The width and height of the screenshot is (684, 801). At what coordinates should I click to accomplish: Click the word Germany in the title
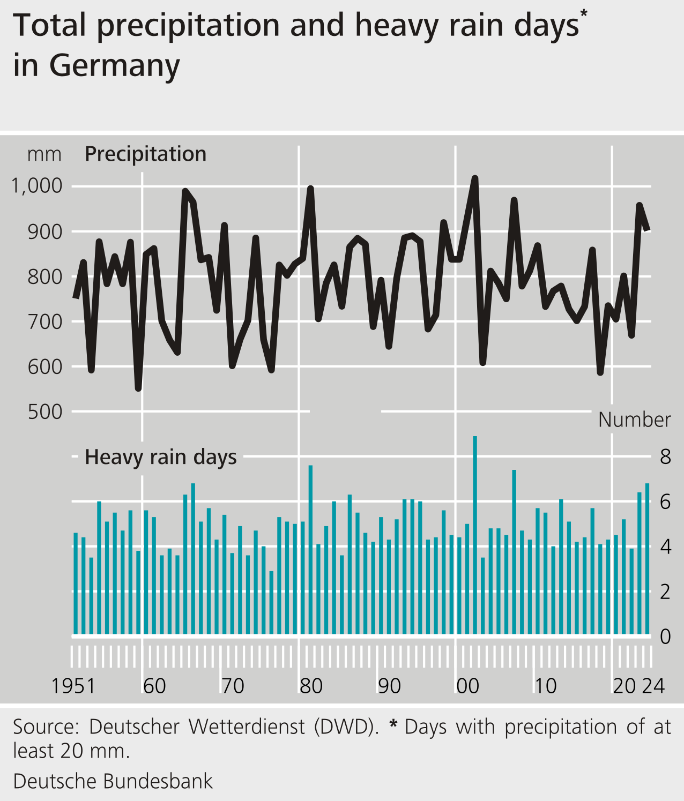pos(114,66)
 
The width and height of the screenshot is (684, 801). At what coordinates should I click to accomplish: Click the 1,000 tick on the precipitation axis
pos(37,186)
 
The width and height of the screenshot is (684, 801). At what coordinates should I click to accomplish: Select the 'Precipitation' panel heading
pos(145,154)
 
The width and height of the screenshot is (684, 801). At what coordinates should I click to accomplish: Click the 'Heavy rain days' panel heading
pos(161,457)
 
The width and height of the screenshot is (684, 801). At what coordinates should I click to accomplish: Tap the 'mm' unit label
pos(44,155)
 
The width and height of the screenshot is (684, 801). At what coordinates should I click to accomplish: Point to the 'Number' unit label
pos(634,420)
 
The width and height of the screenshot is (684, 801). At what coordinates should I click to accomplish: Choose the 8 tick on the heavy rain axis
pos(665,457)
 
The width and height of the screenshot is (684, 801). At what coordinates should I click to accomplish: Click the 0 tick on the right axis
pos(665,637)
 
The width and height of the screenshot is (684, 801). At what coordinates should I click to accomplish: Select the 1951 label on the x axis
pos(73,686)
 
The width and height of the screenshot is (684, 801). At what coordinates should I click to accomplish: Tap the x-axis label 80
pos(311,686)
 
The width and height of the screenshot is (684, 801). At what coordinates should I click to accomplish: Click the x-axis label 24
pos(653,686)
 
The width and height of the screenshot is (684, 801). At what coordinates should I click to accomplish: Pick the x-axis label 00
pos(467,686)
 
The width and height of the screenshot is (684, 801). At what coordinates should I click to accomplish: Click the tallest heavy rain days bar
pos(475,536)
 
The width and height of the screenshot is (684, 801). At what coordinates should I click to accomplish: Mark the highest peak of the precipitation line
pos(475,178)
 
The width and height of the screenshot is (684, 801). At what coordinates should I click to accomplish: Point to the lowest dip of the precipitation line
pos(138,388)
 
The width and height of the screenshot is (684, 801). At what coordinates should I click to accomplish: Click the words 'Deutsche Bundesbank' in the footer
pos(113,781)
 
